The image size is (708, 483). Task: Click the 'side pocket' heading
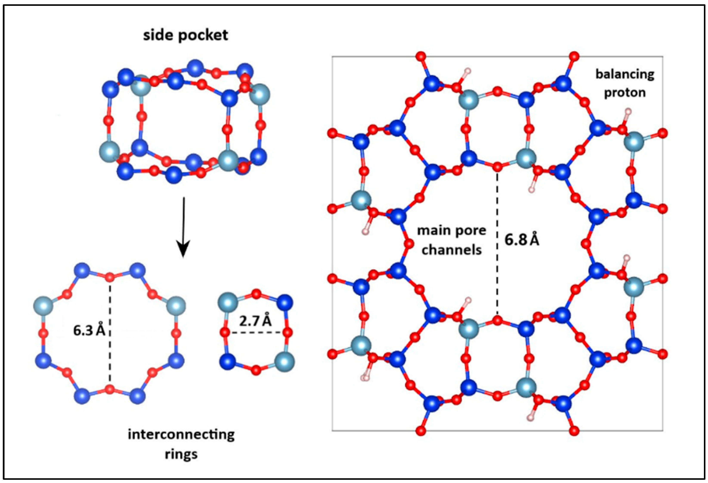click(185, 35)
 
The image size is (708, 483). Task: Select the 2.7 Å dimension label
click(255, 320)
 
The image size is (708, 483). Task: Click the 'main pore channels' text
click(451, 240)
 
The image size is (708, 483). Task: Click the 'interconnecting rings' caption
click(181, 444)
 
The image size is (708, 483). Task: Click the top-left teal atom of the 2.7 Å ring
click(228, 303)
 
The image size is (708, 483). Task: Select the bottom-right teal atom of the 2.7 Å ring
click(284, 362)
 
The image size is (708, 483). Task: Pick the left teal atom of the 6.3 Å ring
click(43, 306)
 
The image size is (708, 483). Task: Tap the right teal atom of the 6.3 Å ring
click(176, 306)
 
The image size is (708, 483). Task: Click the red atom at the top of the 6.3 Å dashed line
click(110, 277)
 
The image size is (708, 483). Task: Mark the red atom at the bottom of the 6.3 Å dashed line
click(110, 389)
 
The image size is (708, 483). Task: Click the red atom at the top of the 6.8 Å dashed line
click(497, 167)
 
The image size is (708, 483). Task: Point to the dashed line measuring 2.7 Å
click(256, 333)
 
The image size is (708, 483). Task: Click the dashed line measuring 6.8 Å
click(497, 244)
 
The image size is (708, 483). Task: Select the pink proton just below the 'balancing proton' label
click(628, 111)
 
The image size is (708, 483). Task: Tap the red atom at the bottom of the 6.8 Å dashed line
click(497, 320)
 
